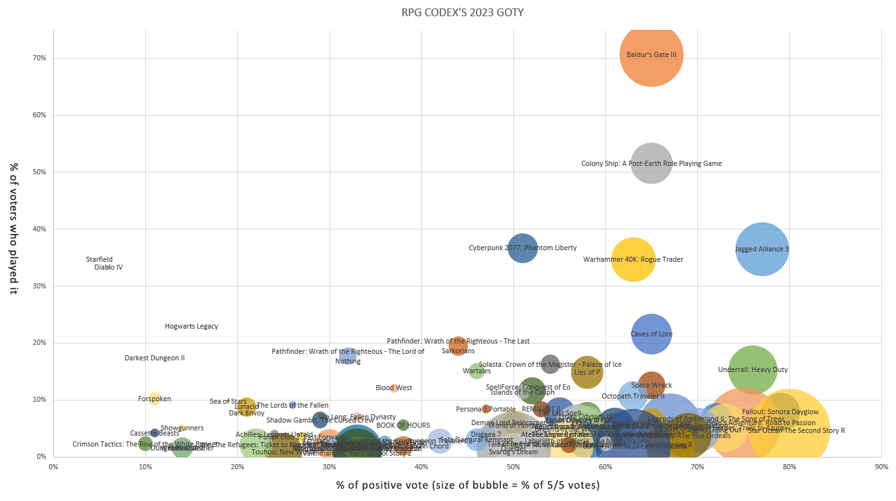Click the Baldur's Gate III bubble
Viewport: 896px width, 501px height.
[x=651, y=54]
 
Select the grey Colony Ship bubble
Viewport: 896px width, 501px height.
[x=651, y=164]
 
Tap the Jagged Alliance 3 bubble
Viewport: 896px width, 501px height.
[x=762, y=249]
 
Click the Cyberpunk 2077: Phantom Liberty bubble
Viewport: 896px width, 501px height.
[x=522, y=248]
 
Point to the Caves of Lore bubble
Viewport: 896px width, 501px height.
[x=651, y=334]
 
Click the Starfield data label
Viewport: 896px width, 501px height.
[x=99, y=260]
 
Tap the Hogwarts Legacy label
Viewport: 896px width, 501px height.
[x=191, y=327]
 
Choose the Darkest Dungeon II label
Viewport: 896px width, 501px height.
[x=155, y=358]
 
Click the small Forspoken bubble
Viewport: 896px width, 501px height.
[x=154, y=399]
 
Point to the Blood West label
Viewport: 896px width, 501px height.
[x=394, y=388]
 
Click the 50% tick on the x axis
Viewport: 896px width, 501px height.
[x=513, y=466]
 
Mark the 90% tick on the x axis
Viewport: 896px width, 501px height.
[x=881, y=466]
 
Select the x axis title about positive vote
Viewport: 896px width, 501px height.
[x=467, y=485]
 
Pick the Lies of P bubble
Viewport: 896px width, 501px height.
[x=587, y=372]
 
